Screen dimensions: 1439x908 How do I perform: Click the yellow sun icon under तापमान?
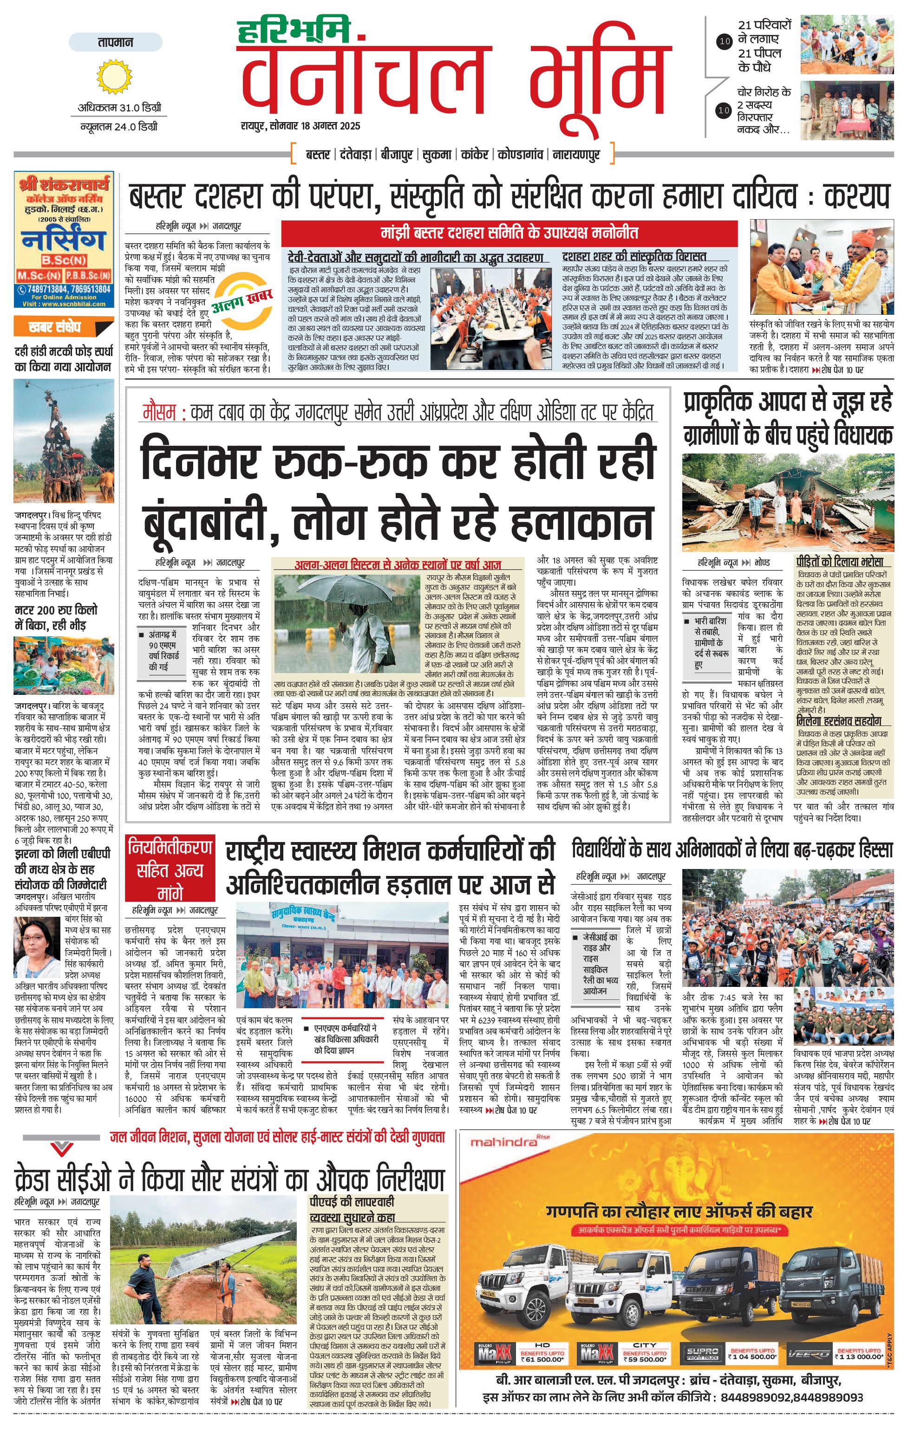[x=114, y=77]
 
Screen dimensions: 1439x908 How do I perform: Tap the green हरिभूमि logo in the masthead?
[x=293, y=32]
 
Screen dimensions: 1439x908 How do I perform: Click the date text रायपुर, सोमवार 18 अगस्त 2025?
[x=300, y=126]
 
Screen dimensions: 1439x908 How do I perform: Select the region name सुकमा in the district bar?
[x=437, y=155]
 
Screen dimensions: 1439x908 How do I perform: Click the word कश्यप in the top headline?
[x=856, y=196]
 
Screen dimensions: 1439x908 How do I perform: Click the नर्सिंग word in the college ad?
[x=63, y=240]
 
